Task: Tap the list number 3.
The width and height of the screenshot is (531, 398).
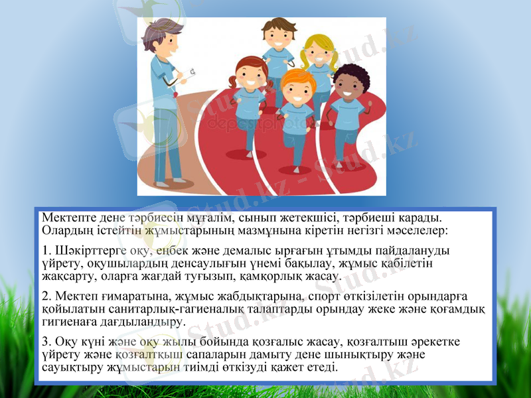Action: coord(44,342)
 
